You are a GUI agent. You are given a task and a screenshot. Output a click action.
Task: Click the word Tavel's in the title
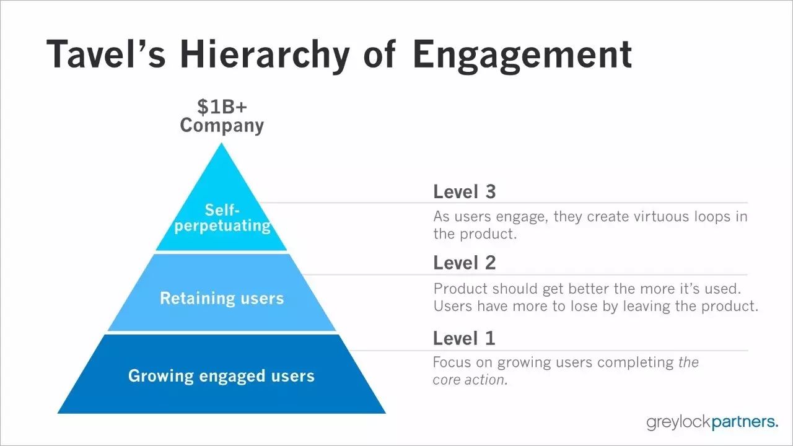106,54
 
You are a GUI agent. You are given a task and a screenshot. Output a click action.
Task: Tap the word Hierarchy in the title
265,56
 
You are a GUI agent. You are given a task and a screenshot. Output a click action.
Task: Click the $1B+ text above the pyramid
222,107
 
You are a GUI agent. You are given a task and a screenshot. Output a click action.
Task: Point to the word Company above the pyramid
222,126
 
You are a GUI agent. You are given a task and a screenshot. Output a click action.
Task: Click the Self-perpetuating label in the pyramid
222,217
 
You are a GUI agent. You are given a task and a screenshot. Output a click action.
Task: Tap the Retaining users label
222,298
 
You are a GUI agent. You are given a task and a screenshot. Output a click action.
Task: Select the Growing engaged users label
221,376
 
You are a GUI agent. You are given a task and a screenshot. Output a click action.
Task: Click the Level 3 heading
465,191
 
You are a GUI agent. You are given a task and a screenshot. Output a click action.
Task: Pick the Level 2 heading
465,263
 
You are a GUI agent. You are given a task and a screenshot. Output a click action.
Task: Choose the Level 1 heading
464,338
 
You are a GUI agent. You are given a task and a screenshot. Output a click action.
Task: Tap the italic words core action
470,380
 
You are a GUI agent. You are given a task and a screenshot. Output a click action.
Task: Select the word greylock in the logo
678,422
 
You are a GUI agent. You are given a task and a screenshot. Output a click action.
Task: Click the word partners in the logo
745,422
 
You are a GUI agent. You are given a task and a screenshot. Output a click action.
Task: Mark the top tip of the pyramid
222,143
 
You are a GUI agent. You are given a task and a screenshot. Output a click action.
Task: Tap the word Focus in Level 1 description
452,362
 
